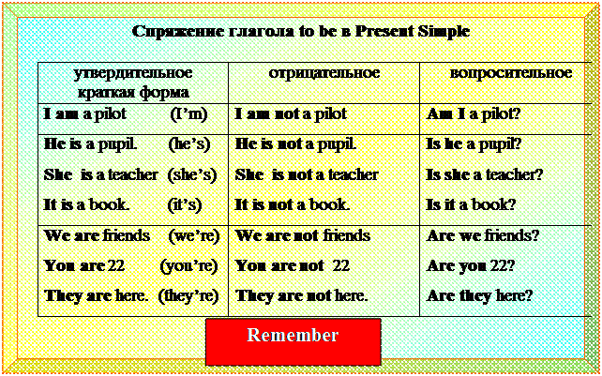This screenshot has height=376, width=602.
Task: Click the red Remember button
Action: point(293,341)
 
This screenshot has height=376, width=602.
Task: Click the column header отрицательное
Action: point(324,73)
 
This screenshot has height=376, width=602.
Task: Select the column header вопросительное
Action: point(511,73)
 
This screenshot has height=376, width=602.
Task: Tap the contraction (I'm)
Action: point(188,114)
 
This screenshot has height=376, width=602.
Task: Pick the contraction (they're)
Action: point(188,295)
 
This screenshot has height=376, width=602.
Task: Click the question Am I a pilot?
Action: point(473,114)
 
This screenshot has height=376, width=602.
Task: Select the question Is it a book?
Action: point(471,205)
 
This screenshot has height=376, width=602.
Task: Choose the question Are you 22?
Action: point(471,265)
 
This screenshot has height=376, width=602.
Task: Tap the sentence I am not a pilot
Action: point(291,114)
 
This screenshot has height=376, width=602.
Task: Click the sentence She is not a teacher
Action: point(307,175)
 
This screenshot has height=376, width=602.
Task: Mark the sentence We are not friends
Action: point(303,235)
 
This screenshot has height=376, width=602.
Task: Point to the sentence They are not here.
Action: point(301,295)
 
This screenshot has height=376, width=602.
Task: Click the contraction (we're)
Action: point(193,235)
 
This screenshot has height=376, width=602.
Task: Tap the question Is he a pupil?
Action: point(471,144)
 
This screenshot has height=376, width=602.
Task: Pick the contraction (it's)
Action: point(185,205)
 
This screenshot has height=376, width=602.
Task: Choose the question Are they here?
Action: point(479,295)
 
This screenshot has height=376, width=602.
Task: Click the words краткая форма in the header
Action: point(133,93)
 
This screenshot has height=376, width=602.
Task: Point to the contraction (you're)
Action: point(188,265)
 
